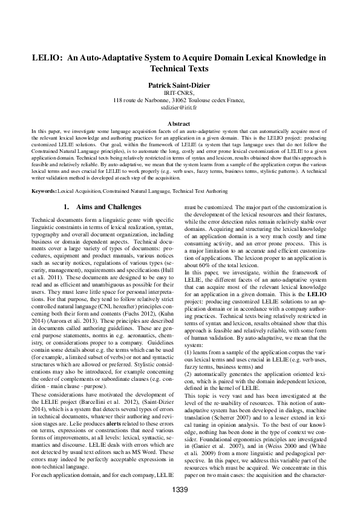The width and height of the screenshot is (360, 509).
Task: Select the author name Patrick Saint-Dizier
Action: point(180,85)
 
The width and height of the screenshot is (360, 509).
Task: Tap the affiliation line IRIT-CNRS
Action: point(180,93)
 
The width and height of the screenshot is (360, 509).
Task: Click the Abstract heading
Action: point(180,123)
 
